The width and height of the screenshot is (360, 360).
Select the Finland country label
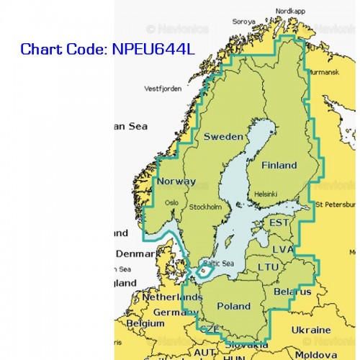coord(279,165)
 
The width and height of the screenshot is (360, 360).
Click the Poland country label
coord(234,306)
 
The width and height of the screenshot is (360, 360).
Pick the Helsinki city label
coord(265,194)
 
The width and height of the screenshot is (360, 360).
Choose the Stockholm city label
coord(205,207)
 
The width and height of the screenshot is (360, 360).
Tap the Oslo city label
coord(171,202)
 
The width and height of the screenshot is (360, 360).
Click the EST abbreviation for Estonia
coord(279,223)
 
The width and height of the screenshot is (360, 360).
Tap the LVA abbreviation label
coord(282,248)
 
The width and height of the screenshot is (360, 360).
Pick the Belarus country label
coord(292,292)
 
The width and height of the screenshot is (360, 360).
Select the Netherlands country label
coord(156,297)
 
